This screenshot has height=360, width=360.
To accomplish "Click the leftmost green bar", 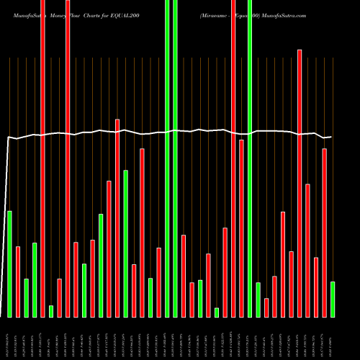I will (x=9, y=264).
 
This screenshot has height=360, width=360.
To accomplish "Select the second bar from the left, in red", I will (x=18, y=282).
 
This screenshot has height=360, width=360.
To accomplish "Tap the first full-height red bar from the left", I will (x=42, y=158).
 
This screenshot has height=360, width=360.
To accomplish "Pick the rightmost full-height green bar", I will (x=250, y=158).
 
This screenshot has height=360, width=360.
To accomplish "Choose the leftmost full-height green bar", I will (x=167, y=158).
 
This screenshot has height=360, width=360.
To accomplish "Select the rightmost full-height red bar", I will (x=233, y=158).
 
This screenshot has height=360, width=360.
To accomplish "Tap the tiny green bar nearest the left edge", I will (x=51, y=311).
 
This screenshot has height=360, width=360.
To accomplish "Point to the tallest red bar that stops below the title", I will (x=300, y=183).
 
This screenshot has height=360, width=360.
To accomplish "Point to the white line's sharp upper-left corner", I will (x=9, y=138).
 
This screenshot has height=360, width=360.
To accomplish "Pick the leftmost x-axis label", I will (x=9, y=338).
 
